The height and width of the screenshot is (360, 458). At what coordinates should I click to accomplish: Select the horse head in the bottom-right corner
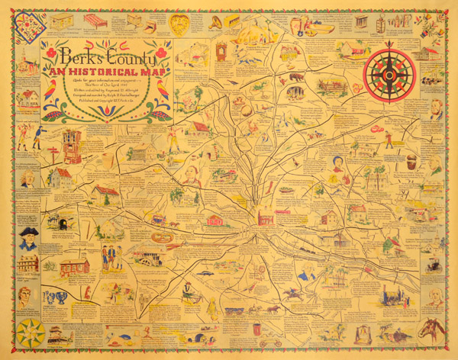(x=431, y=329)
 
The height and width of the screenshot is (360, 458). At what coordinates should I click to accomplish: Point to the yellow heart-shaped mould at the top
(x=179, y=23)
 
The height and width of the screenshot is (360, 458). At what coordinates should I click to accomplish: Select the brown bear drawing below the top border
(x=296, y=78)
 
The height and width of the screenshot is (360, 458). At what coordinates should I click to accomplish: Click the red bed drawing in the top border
(x=95, y=21)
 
